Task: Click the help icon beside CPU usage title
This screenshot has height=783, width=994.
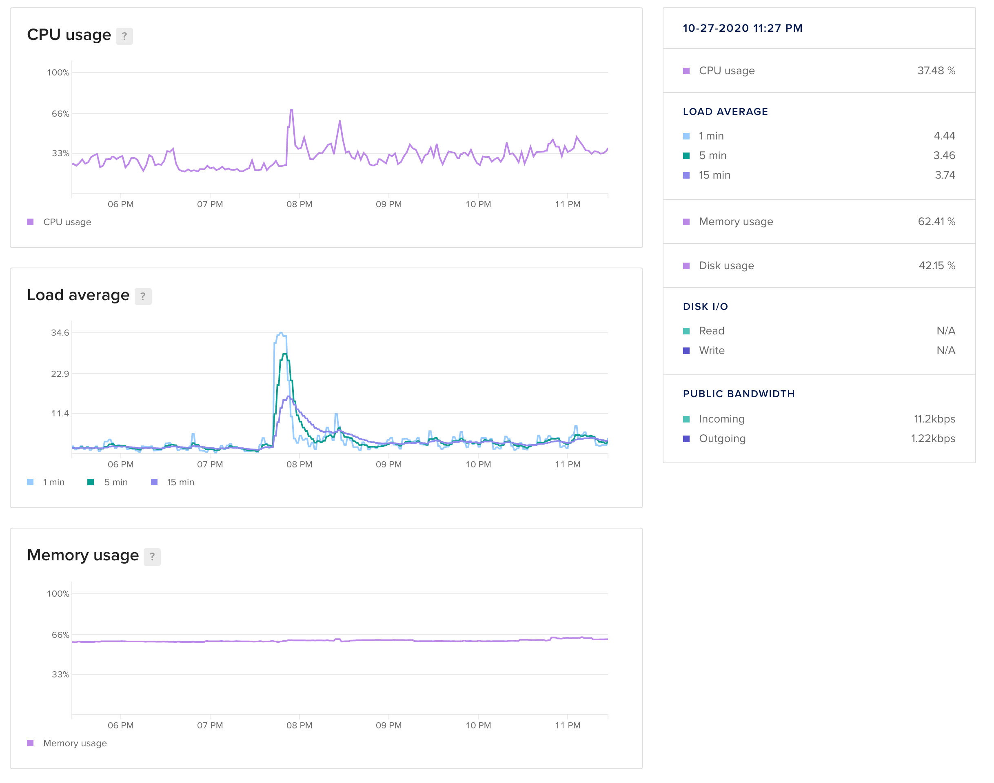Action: (124, 36)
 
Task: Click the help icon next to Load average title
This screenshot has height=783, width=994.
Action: (143, 296)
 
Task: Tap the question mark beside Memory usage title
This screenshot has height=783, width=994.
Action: (152, 557)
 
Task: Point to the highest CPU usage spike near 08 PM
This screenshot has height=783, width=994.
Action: (291, 111)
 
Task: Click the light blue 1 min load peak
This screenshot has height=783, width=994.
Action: (281, 333)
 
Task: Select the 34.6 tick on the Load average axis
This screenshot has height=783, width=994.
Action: (60, 333)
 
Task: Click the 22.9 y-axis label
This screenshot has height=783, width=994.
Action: (60, 374)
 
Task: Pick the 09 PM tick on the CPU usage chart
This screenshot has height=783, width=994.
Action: (388, 204)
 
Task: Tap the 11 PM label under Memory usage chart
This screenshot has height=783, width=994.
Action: (568, 725)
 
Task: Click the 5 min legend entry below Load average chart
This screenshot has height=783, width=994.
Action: (115, 482)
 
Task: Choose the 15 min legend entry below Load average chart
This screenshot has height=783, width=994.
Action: (180, 482)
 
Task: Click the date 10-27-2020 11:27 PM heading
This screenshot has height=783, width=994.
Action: (742, 29)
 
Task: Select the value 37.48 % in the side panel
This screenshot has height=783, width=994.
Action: (936, 71)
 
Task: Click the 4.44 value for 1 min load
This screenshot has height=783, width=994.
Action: (944, 136)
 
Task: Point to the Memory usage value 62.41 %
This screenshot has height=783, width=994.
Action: (936, 221)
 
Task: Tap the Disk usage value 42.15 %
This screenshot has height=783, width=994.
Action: (936, 265)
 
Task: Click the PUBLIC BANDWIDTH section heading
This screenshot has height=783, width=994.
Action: (739, 394)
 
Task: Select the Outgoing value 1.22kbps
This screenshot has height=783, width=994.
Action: (932, 439)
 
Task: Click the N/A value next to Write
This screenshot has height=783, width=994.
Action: (945, 351)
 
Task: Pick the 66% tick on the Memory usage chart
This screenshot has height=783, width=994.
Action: (60, 635)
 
